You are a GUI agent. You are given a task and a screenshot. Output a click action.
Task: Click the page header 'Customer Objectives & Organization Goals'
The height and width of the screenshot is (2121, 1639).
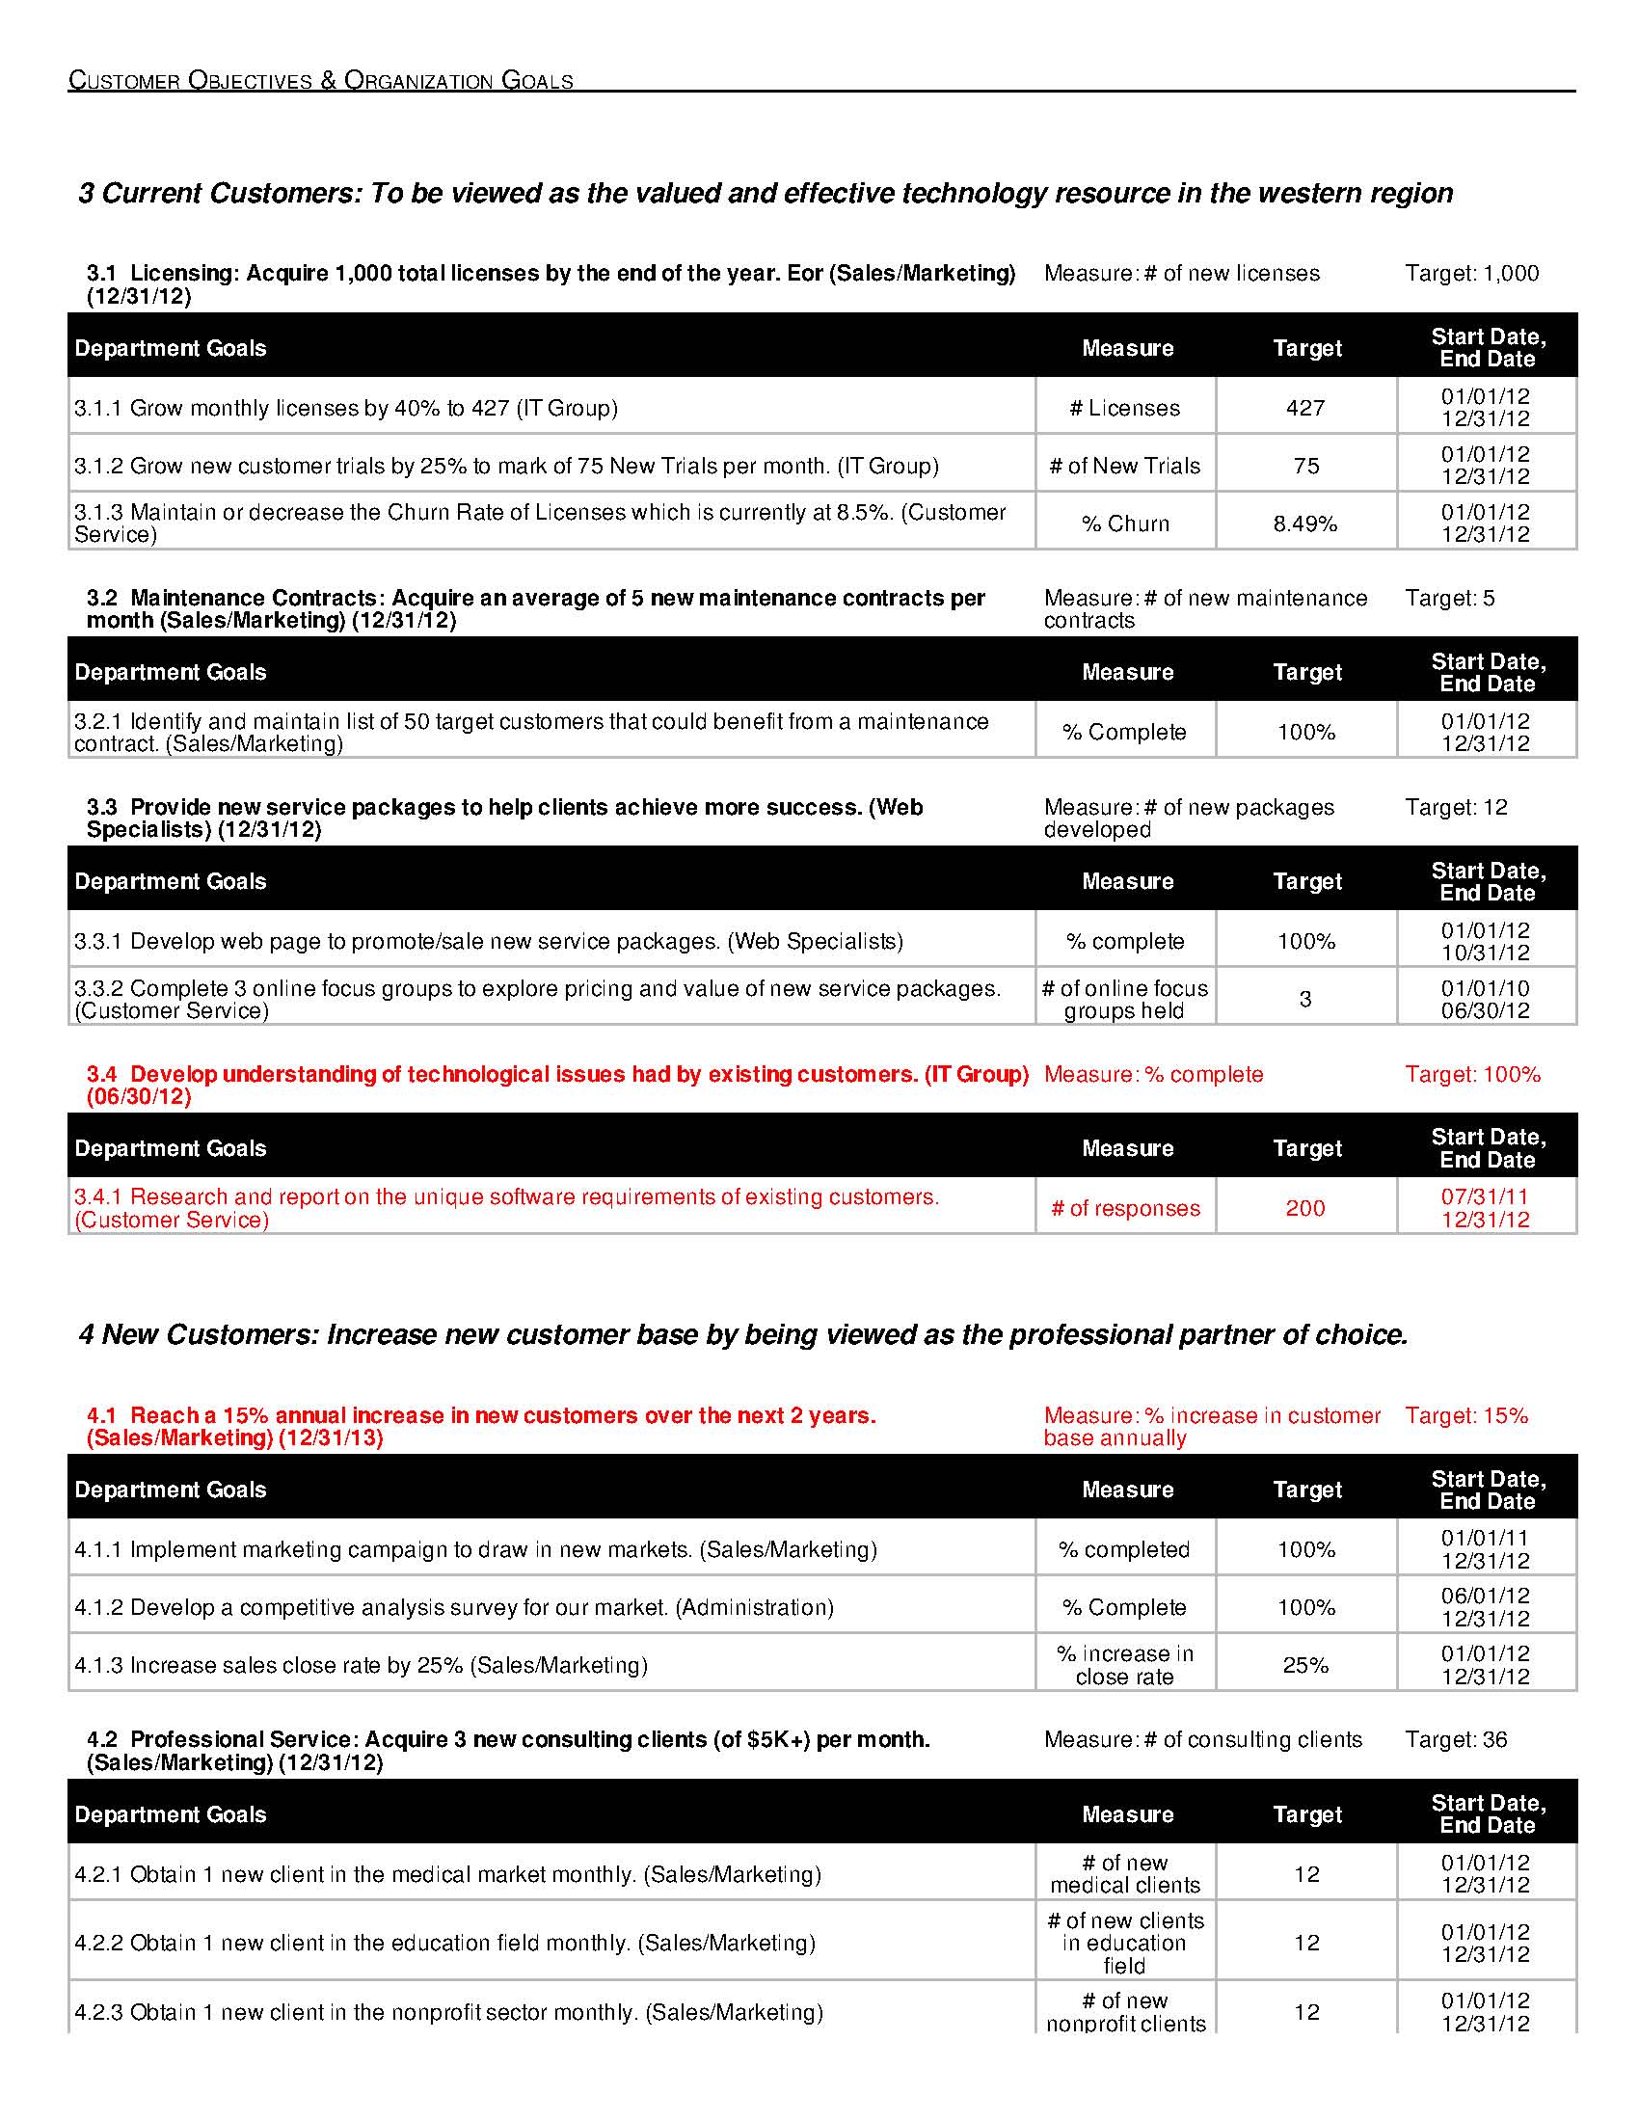coord(320,81)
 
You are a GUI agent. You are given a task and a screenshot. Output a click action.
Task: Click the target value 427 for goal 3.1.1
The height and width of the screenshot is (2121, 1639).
coord(1305,408)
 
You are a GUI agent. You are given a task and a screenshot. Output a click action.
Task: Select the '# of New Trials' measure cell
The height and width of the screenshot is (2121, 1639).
coord(1124,467)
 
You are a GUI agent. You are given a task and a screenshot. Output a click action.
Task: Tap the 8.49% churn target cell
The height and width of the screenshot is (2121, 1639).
coord(1305,524)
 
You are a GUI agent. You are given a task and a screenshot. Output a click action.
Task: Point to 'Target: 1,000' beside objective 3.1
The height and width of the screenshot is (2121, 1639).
coord(1471,274)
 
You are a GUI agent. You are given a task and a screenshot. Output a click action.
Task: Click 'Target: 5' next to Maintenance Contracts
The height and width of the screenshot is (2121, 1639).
coord(1449,599)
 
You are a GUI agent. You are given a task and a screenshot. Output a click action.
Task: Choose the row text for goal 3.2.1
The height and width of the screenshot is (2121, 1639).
coord(531,733)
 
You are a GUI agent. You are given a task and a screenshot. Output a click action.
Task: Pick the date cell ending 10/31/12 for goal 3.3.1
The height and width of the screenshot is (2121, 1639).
coord(1485,941)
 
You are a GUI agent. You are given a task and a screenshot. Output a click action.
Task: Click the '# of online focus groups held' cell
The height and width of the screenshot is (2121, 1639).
coord(1124,1000)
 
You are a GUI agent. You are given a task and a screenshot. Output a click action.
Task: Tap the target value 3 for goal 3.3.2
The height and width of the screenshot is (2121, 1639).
coord(1305,1000)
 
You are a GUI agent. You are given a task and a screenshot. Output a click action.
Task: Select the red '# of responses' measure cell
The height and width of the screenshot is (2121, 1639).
coord(1124,1208)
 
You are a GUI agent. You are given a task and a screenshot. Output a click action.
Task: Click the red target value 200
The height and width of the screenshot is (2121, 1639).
coord(1305,1208)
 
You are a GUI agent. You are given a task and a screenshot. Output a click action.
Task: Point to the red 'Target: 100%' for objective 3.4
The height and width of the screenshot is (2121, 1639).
coord(1472,1074)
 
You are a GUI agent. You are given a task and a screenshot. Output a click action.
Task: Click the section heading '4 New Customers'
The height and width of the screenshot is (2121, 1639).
coord(742,1334)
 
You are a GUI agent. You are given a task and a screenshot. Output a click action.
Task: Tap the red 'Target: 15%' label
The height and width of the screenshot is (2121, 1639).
coord(1466,1415)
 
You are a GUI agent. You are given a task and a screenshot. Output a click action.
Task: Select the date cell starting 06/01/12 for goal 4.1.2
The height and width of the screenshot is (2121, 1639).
coord(1485,1607)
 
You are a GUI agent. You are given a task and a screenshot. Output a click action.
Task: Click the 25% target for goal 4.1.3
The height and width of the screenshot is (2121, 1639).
coord(1305,1665)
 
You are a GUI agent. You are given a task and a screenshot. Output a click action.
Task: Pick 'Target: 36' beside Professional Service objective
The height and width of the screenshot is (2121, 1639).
coord(1456,1739)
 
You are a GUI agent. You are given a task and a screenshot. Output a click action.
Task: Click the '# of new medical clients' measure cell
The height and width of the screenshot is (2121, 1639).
coord(1124,1873)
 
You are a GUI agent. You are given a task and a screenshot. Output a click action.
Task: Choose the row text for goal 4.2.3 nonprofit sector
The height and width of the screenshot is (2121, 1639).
coord(448,2011)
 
